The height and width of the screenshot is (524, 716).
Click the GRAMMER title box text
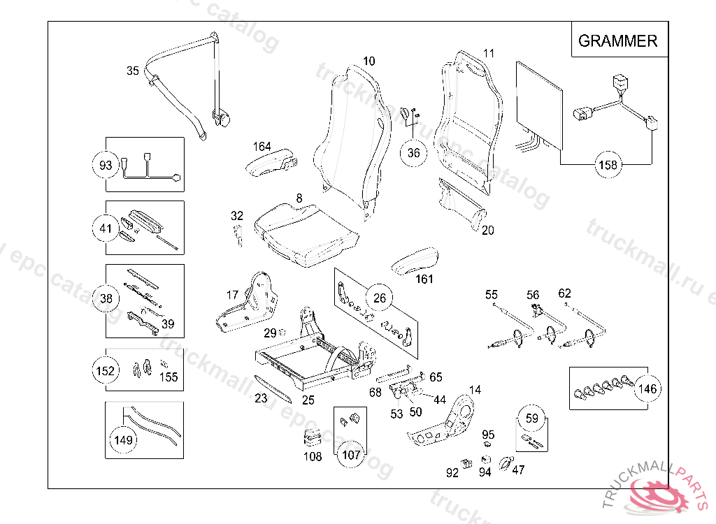(x=617, y=41)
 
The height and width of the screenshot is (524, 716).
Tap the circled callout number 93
(x=106, y=166)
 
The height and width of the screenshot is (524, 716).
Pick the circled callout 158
(x=608, y=166)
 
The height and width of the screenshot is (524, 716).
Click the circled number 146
(x=648, y=388)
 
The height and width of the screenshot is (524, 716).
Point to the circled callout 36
(x=414, y=153)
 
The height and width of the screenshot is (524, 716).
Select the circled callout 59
(x=532, y=419)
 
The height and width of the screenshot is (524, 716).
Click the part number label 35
(x=133, y=71)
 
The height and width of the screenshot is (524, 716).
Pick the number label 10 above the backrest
(x=368, y=61)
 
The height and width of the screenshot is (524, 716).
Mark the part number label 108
(x=313, y=457)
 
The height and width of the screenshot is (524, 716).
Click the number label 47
(x=518, y=470)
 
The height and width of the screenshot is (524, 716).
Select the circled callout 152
(x=106, y=370)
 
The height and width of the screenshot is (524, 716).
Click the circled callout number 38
(x=106, y=299)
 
